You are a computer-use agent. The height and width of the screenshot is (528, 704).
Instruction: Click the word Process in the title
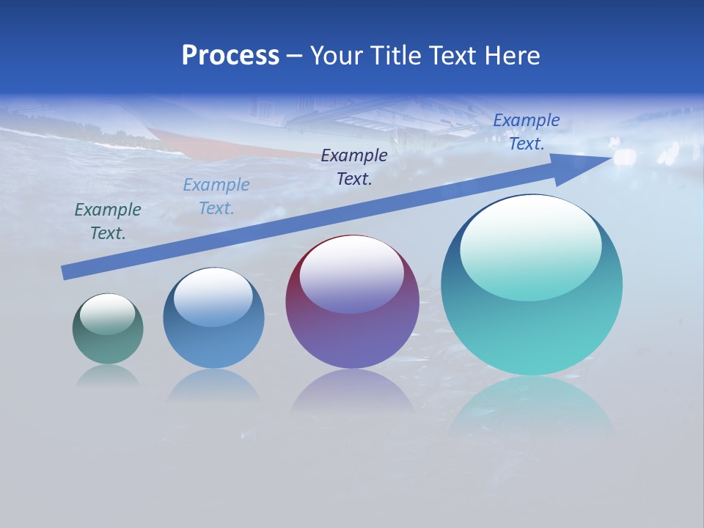tap(230, 56)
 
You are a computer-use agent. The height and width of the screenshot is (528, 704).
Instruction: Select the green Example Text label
tap(108, 221)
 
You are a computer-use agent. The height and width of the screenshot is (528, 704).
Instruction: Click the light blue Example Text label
tap(216, 197)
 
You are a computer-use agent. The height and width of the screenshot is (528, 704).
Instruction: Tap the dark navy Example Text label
tap(354, 167)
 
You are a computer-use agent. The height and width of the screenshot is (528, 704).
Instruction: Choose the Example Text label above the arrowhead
tap(527, 132)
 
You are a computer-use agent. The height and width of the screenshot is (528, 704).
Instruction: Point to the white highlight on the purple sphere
tap(352, 276)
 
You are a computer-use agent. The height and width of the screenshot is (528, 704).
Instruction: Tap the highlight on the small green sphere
tap(108, 315)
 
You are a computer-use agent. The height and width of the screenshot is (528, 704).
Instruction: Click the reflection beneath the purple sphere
tap(352, 392)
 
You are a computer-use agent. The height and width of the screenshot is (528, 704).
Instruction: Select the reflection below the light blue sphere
tap(213, 385)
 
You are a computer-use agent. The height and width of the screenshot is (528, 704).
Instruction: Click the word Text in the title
tap(450, 56)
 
